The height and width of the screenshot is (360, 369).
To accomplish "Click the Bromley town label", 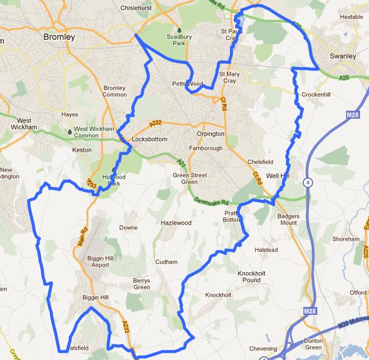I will [60, 37].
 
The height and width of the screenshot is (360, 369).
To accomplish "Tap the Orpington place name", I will [210, 134].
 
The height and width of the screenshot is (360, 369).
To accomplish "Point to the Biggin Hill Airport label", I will [96, 261].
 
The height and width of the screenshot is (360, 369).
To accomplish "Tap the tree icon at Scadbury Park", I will [179, 29].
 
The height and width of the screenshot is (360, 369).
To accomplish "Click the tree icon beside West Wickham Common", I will [70, 129].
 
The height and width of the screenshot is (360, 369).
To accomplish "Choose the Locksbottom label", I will [149, 139].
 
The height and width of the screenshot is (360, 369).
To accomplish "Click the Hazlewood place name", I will [175, 223].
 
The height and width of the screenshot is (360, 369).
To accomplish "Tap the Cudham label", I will [166, 262].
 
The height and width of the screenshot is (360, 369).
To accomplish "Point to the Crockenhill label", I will [317, 95].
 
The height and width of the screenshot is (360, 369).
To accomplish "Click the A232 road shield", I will [156, 122].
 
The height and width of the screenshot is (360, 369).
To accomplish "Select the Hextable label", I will [352, 17].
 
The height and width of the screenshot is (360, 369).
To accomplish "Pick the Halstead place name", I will [265, 249].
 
